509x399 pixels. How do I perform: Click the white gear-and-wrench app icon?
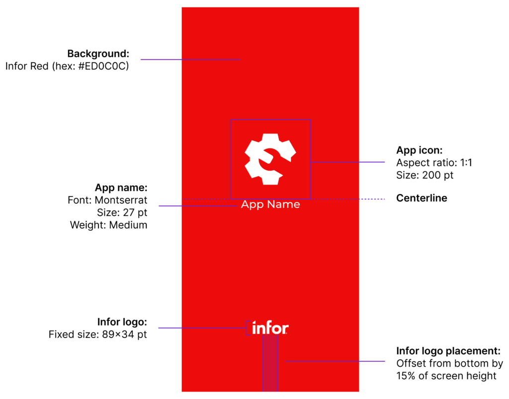(270, 159)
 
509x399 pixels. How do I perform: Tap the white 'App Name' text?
(270, 204)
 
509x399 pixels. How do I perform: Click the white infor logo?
(270, 328)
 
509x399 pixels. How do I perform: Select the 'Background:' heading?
(98, 54)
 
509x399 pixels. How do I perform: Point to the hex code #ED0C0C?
(103, 66)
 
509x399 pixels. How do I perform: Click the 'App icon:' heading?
(419, 150)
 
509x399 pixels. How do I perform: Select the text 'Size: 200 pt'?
(424, 175)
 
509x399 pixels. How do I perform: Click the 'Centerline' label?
(422, 199)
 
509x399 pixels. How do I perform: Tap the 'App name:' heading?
(121, 188)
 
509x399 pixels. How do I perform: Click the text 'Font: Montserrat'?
(107, 200)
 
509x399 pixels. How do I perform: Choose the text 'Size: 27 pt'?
(122, 212)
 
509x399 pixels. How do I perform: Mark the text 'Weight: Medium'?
(108, 225)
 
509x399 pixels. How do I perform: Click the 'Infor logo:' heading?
(122, 322)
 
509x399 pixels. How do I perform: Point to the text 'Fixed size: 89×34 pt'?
(98, 334)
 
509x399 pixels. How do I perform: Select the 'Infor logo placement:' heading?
(448, 350)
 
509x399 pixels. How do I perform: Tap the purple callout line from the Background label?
(190, 60)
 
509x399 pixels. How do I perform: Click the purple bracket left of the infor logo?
(247, 328)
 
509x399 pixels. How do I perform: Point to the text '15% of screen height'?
(446, 376)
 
